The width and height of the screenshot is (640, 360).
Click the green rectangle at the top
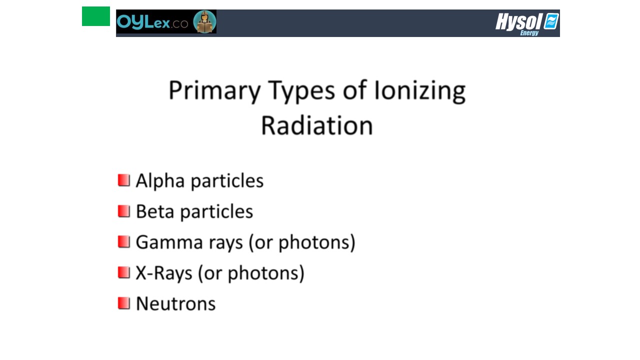(x=95, y=16)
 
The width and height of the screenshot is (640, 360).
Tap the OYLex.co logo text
(x=152, y=22)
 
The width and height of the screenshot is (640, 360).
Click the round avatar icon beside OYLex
(x=204, y=21)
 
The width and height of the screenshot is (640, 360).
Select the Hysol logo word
(x=518, y=21)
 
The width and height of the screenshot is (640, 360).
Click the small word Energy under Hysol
(x=529, y=33)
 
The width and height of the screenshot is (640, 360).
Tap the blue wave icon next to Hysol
(x=551, y=21)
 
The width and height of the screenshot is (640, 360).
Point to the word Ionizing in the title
(x=419, y=91)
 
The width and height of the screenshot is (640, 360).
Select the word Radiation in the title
(x=317, y=125)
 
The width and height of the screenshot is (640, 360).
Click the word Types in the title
(x=301, y=91)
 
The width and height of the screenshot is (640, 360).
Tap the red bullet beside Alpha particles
(x=124, y=180)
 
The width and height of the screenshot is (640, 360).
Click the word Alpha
(x=160, y=181)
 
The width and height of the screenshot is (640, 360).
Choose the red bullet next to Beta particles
(x=124, y=211)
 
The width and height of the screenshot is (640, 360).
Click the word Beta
(x=155, y=211)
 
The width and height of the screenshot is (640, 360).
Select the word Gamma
(x=169, y=242)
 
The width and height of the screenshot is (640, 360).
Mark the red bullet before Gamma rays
(x=124, y=241)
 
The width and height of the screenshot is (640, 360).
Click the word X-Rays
(x=163, y=273)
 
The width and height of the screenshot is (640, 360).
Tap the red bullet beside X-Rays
(x=124, y=272)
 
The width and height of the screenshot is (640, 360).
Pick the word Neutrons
(x=175, y=303)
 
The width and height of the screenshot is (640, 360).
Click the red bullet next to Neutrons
(x=124, y=303)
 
